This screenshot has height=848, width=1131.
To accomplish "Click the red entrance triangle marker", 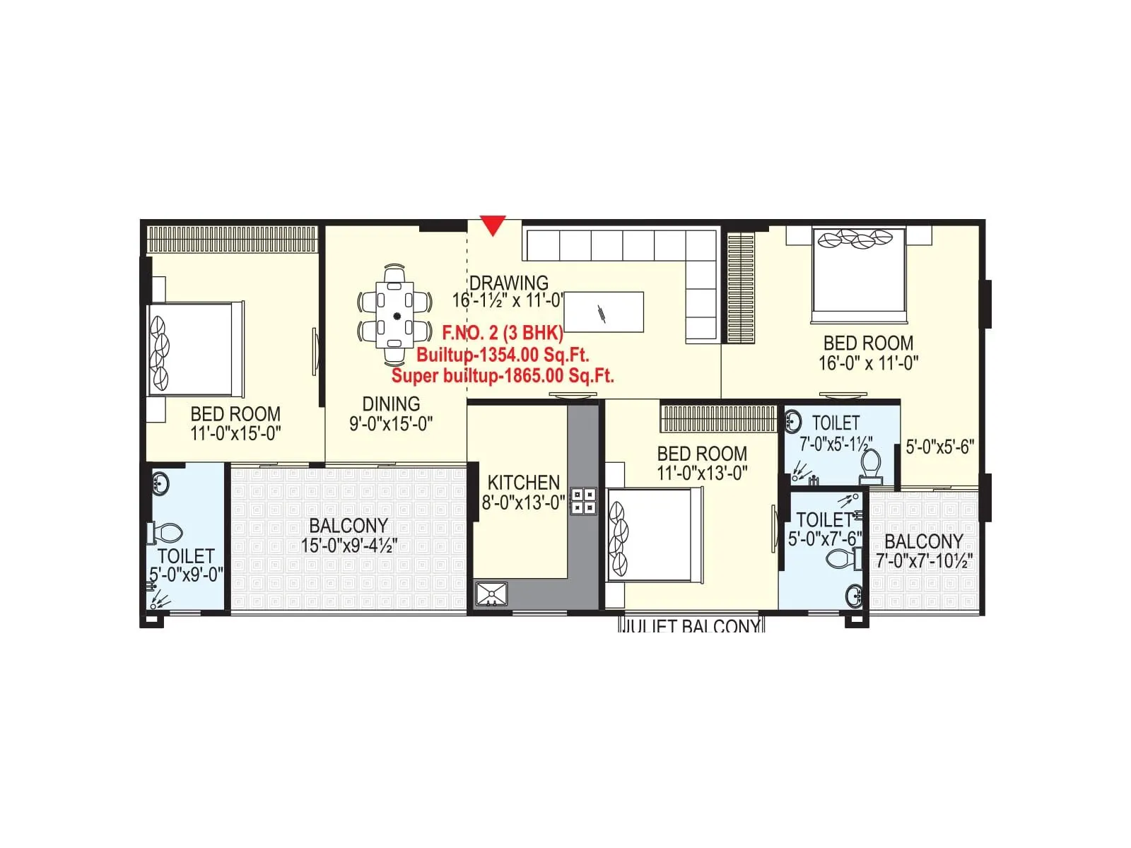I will tap(493, 225).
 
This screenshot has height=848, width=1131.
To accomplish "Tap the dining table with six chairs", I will tap(397, 315).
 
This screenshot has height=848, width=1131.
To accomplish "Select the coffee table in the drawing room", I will tap(604, 312).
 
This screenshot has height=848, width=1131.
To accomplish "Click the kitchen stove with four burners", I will tap(584, 501).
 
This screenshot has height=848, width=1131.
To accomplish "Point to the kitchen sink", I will tap(491, 594).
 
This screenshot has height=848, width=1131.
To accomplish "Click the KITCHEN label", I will tap(524, 483).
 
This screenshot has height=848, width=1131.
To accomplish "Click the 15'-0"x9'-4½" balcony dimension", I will tap(349, 546).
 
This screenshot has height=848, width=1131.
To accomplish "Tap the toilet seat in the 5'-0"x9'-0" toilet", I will tap(168, 532).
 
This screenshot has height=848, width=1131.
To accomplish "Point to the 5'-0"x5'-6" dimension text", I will tap(940, 447).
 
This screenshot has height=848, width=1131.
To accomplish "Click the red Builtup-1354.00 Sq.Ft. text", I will tap(503, 354).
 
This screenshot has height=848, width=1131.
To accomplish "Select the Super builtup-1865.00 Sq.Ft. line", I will tap(503, 375).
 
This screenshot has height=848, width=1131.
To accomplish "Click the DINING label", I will tap(391, 404).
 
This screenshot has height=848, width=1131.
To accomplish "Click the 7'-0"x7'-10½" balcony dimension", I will tap(924, 561).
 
